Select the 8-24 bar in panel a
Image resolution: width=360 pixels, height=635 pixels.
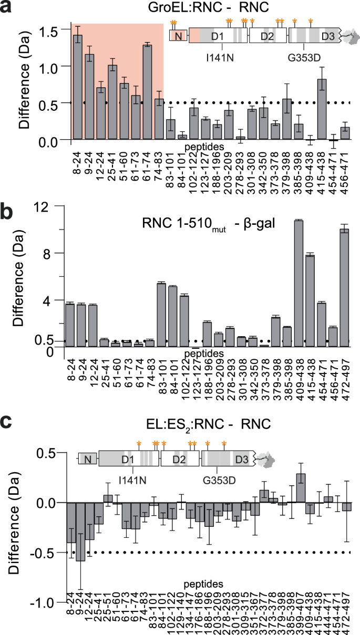(x=78, y=87)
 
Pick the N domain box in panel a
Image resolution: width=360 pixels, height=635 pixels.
(x=178, y=36)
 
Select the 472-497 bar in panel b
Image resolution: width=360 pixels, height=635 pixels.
(x=344, y=287)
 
